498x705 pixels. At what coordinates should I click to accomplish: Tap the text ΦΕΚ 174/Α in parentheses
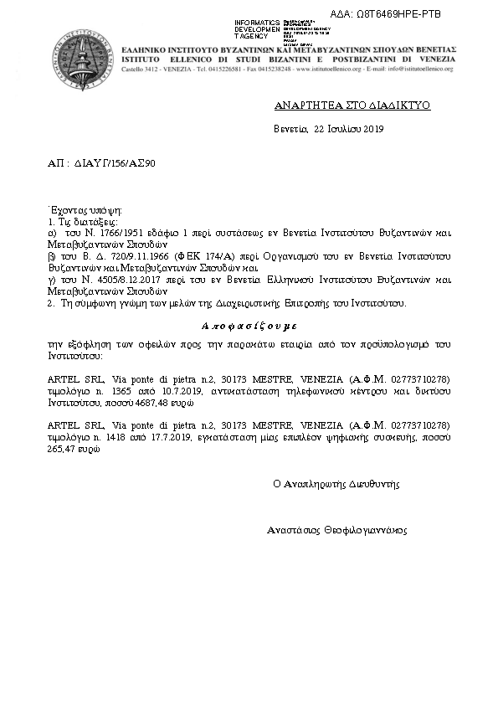point(198,250)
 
